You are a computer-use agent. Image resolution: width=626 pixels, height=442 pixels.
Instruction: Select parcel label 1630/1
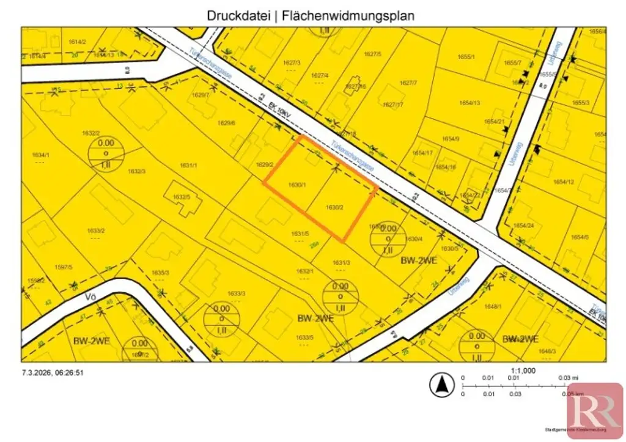[x=296, y=185]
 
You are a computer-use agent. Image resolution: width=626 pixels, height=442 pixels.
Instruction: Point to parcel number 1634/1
[x=40, y=155]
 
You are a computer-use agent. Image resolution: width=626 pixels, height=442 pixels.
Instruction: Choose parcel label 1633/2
[x=96, y=230]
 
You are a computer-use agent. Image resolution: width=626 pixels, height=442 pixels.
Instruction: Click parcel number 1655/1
[x=466, y=56]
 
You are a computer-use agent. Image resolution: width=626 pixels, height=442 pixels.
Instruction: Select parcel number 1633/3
[x=236, y=294]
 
